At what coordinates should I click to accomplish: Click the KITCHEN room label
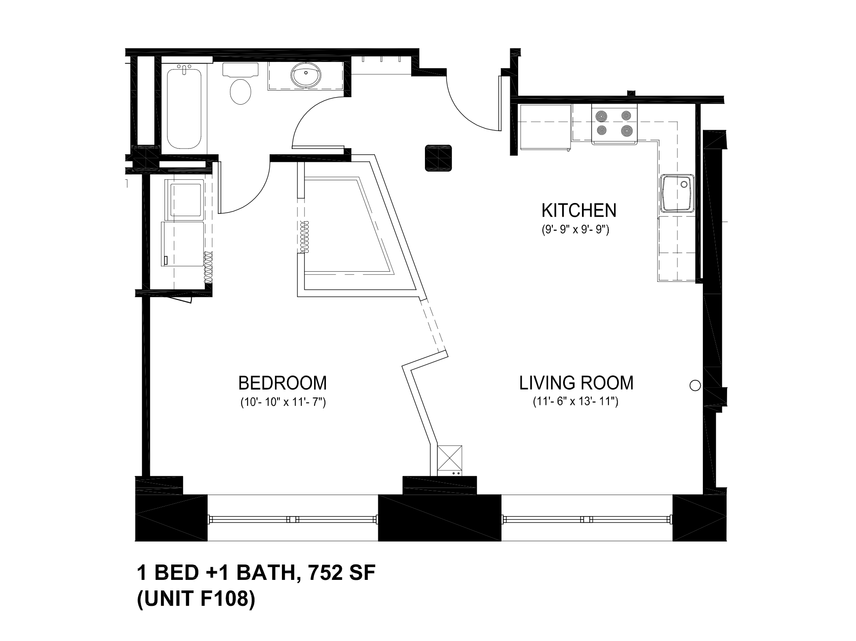578,211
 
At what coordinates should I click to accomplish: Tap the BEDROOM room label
282,383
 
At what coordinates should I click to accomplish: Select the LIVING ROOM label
576,383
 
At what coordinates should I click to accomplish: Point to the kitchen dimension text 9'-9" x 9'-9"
575,230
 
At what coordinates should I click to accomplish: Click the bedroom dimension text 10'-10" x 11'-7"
282,402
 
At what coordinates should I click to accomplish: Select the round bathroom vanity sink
306,75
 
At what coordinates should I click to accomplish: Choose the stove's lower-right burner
627,131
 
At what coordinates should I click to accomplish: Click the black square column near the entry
439,158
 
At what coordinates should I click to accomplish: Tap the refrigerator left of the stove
545,127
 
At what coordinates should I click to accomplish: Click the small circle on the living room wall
695,386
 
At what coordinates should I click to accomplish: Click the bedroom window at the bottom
293,519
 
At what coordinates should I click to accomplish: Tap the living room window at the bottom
587,519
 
